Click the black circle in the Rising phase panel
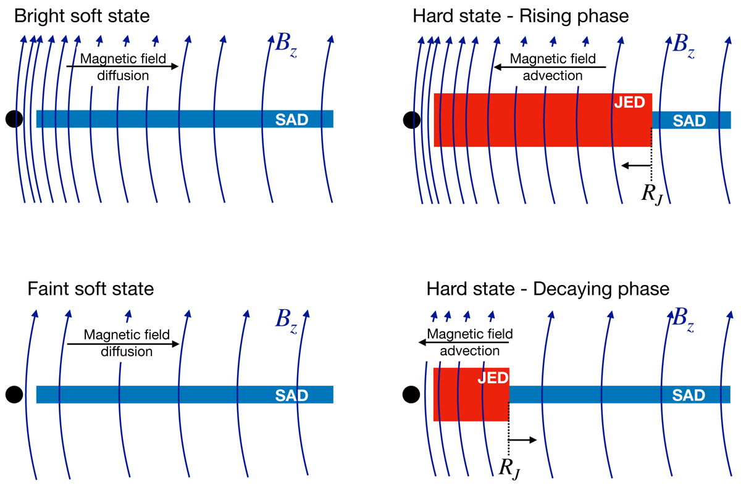411,120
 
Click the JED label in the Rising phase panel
629,103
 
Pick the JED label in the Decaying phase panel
492,377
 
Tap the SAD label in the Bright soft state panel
291,120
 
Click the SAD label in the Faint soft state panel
291,395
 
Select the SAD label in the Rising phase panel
689,120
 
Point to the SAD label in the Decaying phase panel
689,395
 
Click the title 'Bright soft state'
83,15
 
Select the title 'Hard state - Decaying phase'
547,289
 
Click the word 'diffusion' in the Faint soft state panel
122,351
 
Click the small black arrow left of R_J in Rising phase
636,165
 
